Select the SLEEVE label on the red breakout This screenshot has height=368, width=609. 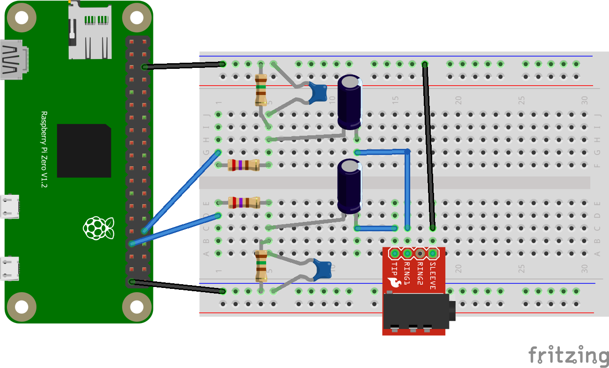[432, 276]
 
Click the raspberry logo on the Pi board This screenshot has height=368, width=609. [98, 228]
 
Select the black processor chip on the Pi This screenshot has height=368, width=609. [84, 151]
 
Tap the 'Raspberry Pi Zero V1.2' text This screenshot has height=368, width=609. [44, 150]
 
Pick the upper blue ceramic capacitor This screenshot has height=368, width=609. [319, 92]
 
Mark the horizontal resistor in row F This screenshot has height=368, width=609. [243, 165]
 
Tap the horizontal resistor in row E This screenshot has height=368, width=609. [243, 203]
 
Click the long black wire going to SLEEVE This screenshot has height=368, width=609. [428, 145]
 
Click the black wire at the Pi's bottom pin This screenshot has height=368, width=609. [178, 286]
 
